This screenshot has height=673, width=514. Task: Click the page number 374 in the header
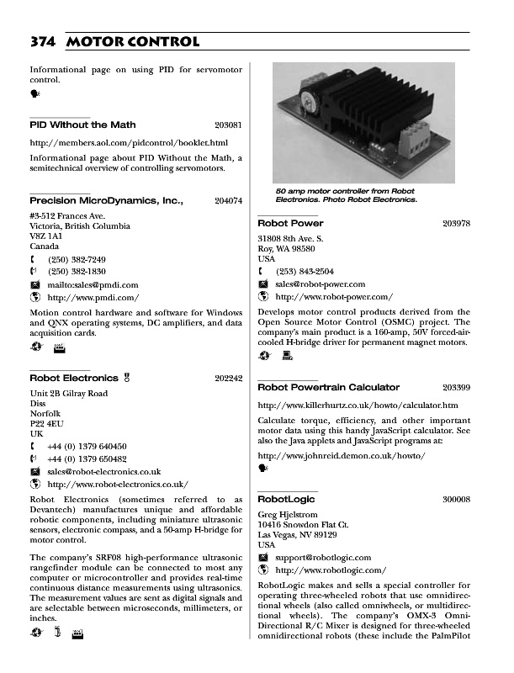click(43, 41)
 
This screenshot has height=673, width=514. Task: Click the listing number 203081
click(229, 125)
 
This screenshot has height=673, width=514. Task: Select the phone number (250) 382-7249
click(77, 259)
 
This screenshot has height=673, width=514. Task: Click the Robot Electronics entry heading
click(73, 379)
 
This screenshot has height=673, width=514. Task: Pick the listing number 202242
click(229, 379)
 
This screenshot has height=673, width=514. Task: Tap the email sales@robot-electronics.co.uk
click(104, 471)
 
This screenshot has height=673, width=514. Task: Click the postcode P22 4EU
click(48, 423)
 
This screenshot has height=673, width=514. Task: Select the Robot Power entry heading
click(290, 223)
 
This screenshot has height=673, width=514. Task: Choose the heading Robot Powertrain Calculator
click(328, 387)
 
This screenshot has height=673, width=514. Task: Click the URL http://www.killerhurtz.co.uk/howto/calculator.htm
click(358, 405)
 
